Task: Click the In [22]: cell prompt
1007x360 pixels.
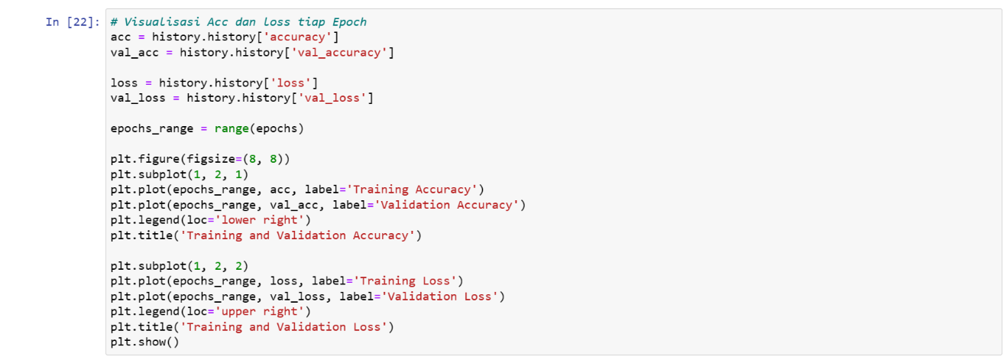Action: pyautogui.click(x=73, y=21)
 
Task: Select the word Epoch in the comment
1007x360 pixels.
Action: pyautogui.click(x=349, y=21)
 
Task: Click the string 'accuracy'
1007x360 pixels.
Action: pyautogui.click(x=297, y=37)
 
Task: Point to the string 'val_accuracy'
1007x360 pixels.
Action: pyautogui.click(x=339, y=52)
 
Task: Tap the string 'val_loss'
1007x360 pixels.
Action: pyautogui.click(x=332, y=98)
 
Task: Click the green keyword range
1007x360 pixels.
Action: pyautogui.click(x=232, y=128)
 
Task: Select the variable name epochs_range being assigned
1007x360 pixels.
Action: pyautogui.click(x=152, y=128)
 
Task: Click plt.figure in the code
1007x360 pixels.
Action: pyautogui.click(x=145, y=159)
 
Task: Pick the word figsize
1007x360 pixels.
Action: pyautogui.click(x=211, y=159)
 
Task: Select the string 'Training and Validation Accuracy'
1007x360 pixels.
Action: pyautogui.click(x=297, y=235)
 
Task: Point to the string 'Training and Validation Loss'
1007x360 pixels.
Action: pyautogui.click(x=283, y=326)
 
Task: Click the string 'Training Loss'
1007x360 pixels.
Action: pyautogui.click(x=405, y=281)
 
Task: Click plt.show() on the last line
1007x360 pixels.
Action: pyautogui.click(x=144, y=342)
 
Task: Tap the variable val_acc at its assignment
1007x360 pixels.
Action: pyautogui.click(x=134, y=52)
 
